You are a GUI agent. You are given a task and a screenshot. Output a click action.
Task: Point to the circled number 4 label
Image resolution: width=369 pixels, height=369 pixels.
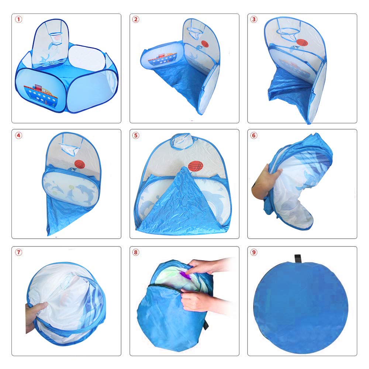[18, 135]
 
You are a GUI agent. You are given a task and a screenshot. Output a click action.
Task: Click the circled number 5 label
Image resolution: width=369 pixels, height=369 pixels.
[136, 135]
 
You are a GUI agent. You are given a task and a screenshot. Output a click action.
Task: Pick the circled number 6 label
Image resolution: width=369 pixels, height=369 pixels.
[254, 135]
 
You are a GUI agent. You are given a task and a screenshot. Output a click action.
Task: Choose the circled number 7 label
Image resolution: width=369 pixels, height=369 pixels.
[18, 253]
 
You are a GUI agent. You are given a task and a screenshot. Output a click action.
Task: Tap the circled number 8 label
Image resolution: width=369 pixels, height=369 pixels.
[136, 253]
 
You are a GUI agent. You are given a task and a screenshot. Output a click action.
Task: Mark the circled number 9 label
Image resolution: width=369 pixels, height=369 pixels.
[254, 253]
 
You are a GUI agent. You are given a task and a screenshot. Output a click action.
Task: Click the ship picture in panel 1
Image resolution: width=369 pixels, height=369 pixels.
[41, 94]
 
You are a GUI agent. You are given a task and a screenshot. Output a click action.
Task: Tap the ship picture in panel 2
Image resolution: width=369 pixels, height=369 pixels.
[163, 58]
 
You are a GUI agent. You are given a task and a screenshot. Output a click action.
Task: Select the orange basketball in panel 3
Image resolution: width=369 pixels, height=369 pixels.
[302, 43]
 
